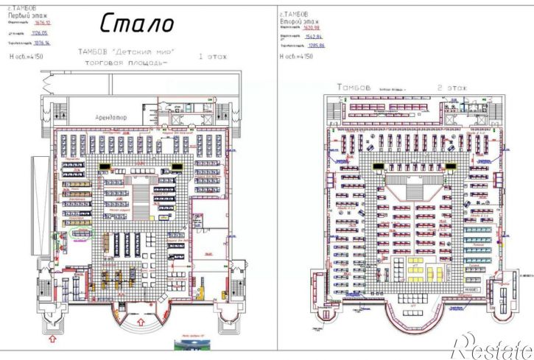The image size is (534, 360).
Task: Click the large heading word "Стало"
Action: tap(137, 24)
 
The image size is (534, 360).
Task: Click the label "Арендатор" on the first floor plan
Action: tap(112, 117)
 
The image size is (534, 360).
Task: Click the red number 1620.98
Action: tap(323, 27)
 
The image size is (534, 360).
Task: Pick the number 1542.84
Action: tap(323, 36)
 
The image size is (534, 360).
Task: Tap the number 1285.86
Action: tap(323, 46)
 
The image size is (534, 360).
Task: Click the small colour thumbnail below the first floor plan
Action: tap(188, 345)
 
